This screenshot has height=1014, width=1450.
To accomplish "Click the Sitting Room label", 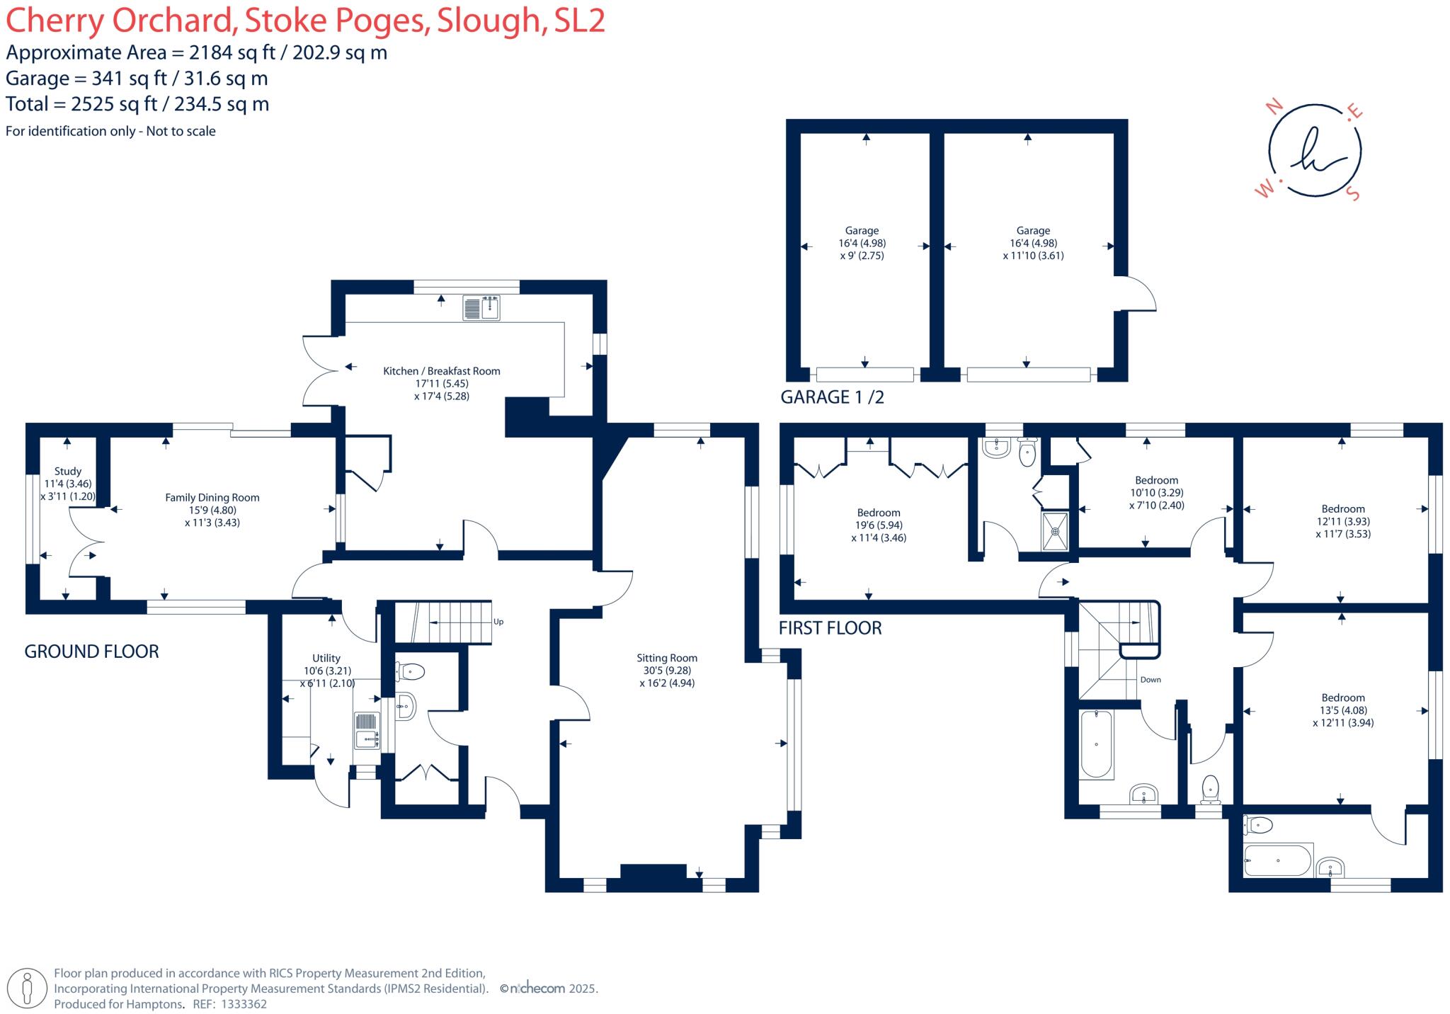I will (666, 658).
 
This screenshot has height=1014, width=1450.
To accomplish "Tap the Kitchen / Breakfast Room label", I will (441, 371).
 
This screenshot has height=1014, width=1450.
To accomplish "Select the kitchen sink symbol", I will (481, 308).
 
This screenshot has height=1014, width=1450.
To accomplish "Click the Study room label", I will (68, 471).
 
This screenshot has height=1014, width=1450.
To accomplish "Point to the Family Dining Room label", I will (212, 498).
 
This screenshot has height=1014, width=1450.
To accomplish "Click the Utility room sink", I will (367, 730).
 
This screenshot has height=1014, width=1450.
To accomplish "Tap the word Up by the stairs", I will (498, 622).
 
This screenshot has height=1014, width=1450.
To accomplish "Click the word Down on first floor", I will (1151, 680).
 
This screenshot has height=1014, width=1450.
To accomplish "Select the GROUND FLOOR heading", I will (91, 651).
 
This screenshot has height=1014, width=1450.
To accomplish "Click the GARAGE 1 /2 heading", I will (832, 397).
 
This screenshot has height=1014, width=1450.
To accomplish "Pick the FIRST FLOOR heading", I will (830, 628).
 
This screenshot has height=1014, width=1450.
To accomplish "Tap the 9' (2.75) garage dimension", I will (862, 256).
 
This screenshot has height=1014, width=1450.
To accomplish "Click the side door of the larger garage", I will (1136, 294).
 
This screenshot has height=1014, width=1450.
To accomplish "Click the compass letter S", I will (1353, 193).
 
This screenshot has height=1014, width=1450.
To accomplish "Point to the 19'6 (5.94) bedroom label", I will (879, 525).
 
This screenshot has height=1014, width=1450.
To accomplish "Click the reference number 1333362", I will (244, 1004).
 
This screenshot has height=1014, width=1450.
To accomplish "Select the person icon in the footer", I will (28, 988).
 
